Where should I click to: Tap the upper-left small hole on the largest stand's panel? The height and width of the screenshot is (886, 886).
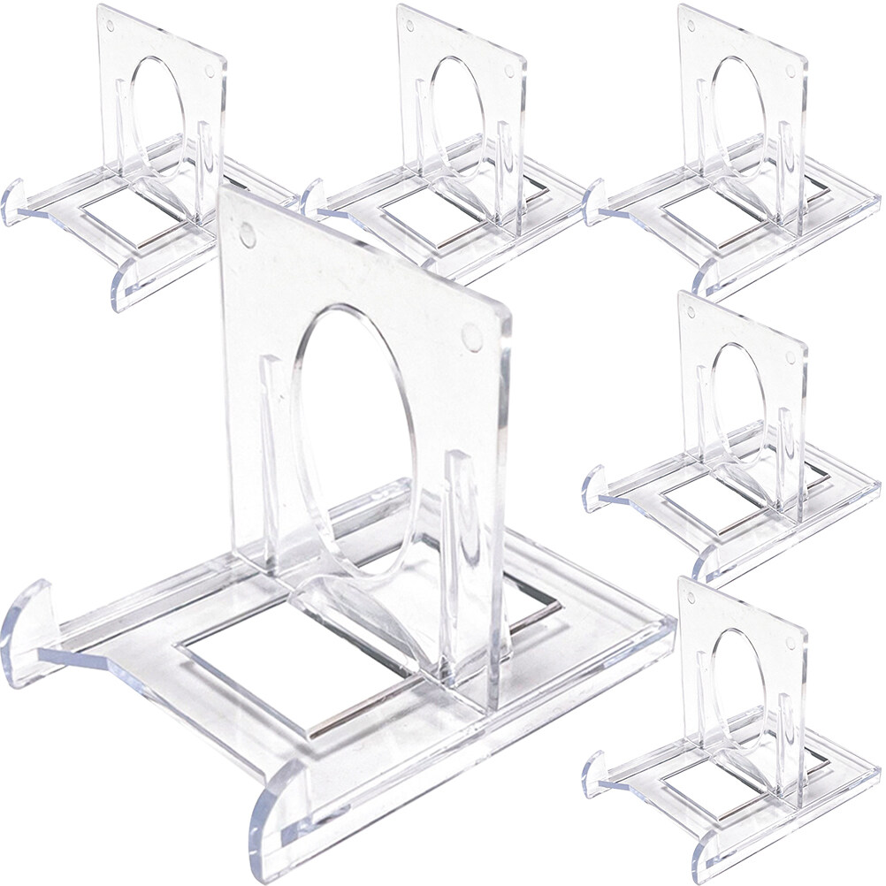[x=248, y=235]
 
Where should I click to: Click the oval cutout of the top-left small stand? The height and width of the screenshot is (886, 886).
[x=157, y=111]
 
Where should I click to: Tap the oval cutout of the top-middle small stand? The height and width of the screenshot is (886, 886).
[x=456, y=111]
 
